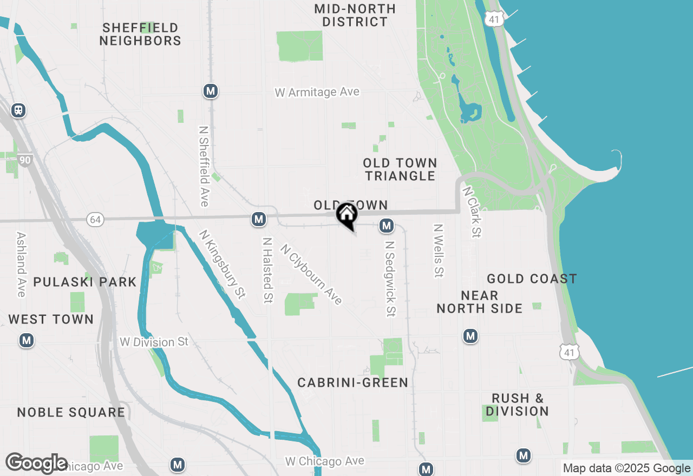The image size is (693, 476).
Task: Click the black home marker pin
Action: (x=346, y=215)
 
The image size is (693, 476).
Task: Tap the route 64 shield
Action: (x=95, y=220)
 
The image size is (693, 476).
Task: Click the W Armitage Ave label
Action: (x=317, y=92)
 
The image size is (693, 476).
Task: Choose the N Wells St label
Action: (x=438, y=251)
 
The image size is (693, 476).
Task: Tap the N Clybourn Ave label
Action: (x=311, y=274)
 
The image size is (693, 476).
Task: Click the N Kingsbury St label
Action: (x=223, y=264)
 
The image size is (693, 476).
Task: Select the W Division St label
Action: (x=154, y=342)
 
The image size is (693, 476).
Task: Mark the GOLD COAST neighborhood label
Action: (x=532, y=279)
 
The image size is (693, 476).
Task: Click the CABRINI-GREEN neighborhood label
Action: (x=352, y=383)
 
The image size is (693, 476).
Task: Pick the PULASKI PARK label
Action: (x=85, y=282)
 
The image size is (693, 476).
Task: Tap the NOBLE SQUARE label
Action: (x=71, y=413)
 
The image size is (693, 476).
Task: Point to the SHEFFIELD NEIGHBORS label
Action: (x=140, y=34)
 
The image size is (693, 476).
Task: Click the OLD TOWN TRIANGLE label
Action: (x=400, y=169)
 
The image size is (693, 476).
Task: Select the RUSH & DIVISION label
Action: (x=517, y=405)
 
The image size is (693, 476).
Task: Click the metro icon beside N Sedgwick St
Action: (x=386, y=226)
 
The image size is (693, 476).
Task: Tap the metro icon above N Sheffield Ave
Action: (x=211, y=91)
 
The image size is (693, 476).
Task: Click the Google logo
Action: (x=36, y=463)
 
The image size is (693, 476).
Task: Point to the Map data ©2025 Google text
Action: (x=626, y=468)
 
